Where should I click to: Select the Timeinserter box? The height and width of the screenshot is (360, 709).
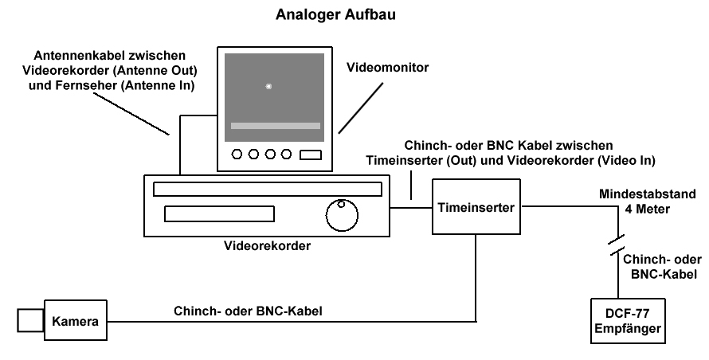coord(476,206)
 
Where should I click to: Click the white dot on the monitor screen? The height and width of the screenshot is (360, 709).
coord(268,86)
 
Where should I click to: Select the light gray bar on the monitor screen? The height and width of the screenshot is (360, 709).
coord(276,126)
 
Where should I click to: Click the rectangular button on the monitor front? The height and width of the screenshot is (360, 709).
coord(311,155)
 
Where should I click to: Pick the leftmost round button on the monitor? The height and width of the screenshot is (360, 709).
coord(238,155)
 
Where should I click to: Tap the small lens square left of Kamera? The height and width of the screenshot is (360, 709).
coord(29,320)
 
